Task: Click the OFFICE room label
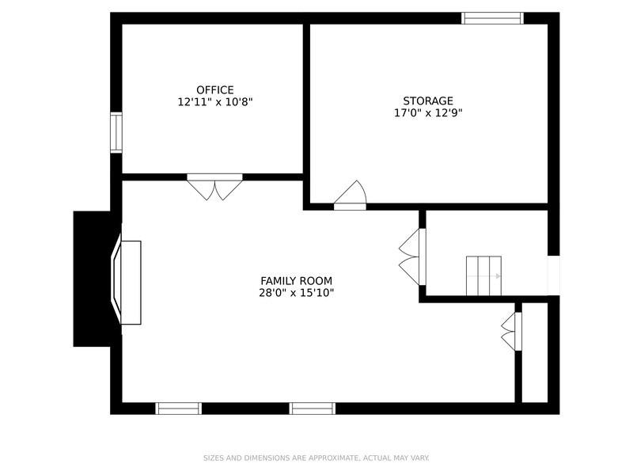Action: coord(215,89)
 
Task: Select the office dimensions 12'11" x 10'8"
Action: coord(215,102)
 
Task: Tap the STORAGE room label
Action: coord(428,101)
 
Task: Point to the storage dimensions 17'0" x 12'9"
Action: coord(428,113)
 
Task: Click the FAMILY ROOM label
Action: coord(296,280)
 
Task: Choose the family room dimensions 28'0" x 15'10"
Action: coord(296,293)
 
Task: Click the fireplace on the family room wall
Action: coord(127,282)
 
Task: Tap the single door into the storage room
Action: coord(350,196)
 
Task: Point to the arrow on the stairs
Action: coord(498,276)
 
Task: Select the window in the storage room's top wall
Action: coord(492,18)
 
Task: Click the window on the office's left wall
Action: coord(116,132)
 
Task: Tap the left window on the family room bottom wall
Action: coord(179,408)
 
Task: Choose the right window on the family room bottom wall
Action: coord(313,408)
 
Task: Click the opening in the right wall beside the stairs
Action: coord(553,275)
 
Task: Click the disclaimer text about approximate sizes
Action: coord(316,458)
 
